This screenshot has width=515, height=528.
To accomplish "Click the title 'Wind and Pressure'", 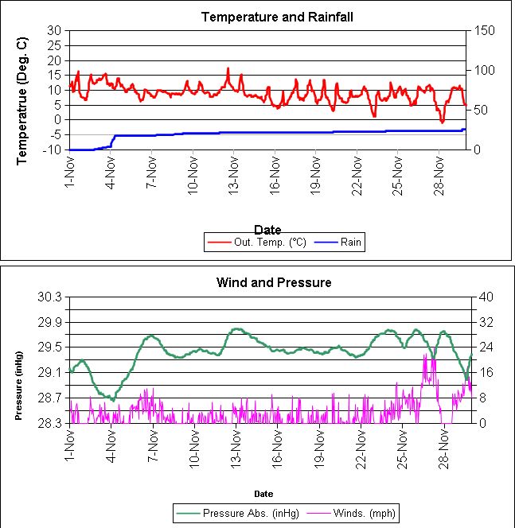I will coord(274,282).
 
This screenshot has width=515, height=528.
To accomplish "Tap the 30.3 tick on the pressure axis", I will coord(50,297).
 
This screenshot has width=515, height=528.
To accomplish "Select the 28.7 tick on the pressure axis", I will coord(50,398).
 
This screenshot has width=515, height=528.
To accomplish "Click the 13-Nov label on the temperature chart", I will coord(234,172).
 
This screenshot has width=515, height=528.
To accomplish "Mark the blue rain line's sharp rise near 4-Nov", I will coord(114,140).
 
